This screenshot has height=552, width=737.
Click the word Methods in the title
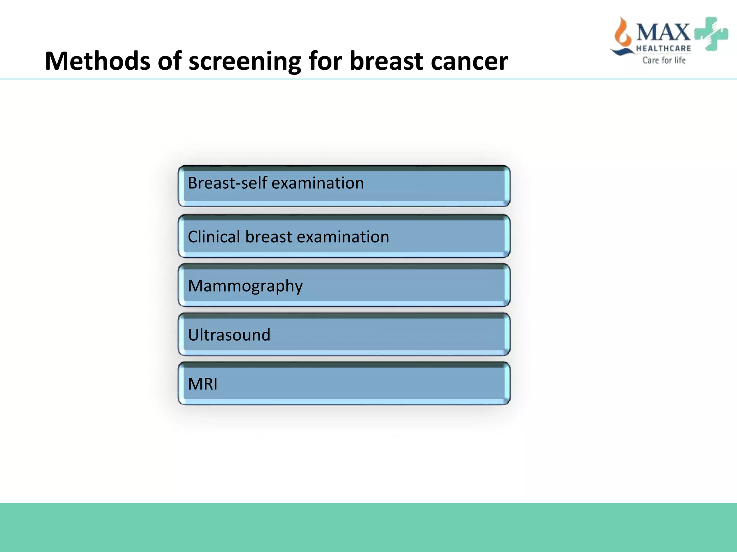[x=98, y=61]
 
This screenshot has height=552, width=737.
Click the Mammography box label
[x=245, y=286]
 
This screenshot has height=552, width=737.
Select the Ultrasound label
[x=229, y=335]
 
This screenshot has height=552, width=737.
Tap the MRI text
[x=203, y=384]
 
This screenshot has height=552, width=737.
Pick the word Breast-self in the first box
[x=227, y=183]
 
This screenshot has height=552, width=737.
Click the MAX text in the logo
[x=663, y=32]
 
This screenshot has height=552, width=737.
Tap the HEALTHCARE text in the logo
[x=663, y=48]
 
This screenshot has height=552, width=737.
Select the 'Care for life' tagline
[x=664, y=60]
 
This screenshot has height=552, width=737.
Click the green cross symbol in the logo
[x=711, y=33]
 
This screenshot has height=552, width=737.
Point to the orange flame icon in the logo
[x=623, y=34]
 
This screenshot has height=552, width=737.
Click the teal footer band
[x=368, y=527]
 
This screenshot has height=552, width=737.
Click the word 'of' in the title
[x=170, y=61]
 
